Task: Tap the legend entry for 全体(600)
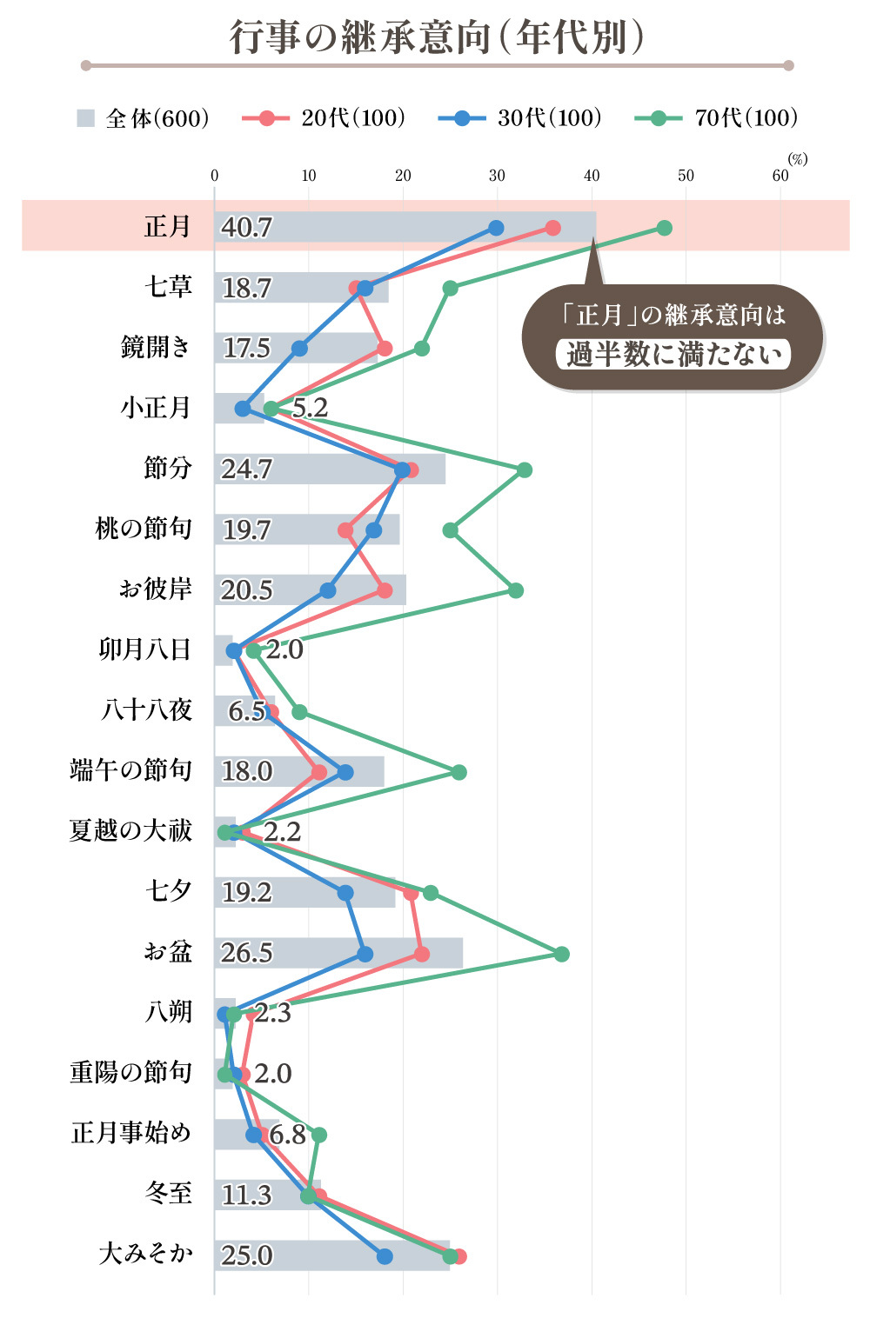pyautogui.click(x=144, y=118)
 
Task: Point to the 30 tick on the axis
pyautogui.click(x=497, y=176)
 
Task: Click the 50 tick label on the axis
pyautogui.click(x=686, y=176)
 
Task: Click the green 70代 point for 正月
pyautogui.click(x=664, y=228)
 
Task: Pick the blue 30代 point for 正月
pyautogui.click(x=496, y=228)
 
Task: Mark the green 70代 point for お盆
pyautogui.click(x=561, y=954)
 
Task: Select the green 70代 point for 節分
pyautogui.click(x=524, y=469)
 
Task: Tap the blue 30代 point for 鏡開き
pyautogui.click(x=299, y=349)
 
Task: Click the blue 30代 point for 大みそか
pyautogui.click(x=385, y=1256)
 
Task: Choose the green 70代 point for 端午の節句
pyautogui.click(x=458, y=772)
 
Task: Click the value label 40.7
pyautogui.click(x=246, y=228)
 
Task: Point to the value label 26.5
pyautogui.click(x=246, y=953)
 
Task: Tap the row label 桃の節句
pyautogui.click(x=144, y=529)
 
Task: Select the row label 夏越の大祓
pyautogui.click(x=130, y=830)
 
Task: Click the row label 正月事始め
pyautogui.click(x=130, y=1133)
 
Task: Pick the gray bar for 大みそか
pyautogui.click(x=348, y=1255)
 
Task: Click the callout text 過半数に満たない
pyautogui.click(x=673, y=354)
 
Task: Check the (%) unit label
pyautogui.click(x=797, y=159)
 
